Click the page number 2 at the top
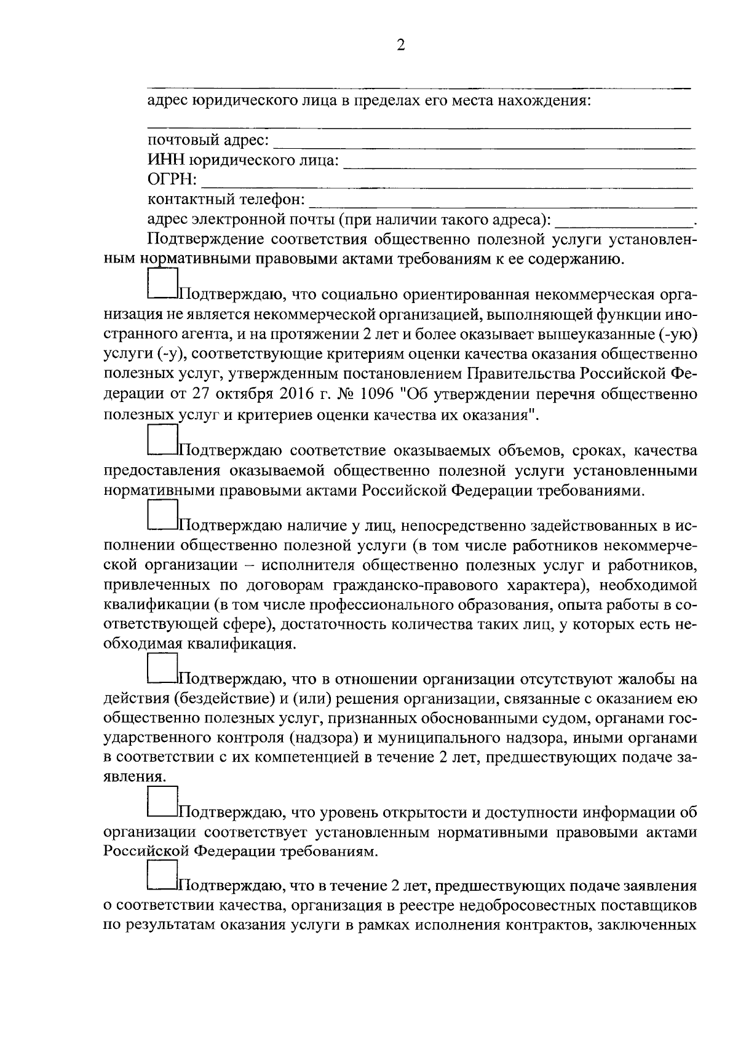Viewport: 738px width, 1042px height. click(x=401, y=46)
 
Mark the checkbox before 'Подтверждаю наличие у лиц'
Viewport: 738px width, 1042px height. click(x=163, y=513)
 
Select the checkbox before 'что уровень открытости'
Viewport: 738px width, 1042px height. click(x=163, y=801)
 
